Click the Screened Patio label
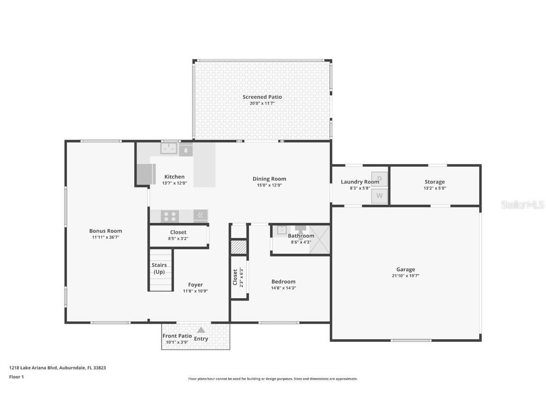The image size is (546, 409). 262,97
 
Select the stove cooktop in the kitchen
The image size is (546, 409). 170,216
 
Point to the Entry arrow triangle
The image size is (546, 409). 201,330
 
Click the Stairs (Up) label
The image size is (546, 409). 159,268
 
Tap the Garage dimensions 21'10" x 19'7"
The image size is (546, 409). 405,276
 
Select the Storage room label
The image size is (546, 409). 435,182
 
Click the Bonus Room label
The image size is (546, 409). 106,231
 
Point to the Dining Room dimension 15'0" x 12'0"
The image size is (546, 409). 269,185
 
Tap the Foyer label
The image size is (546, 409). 195,285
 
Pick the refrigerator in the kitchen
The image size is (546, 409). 146,174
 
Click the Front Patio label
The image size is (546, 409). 177,336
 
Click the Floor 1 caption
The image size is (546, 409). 16,377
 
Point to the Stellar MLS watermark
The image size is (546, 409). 523,204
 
